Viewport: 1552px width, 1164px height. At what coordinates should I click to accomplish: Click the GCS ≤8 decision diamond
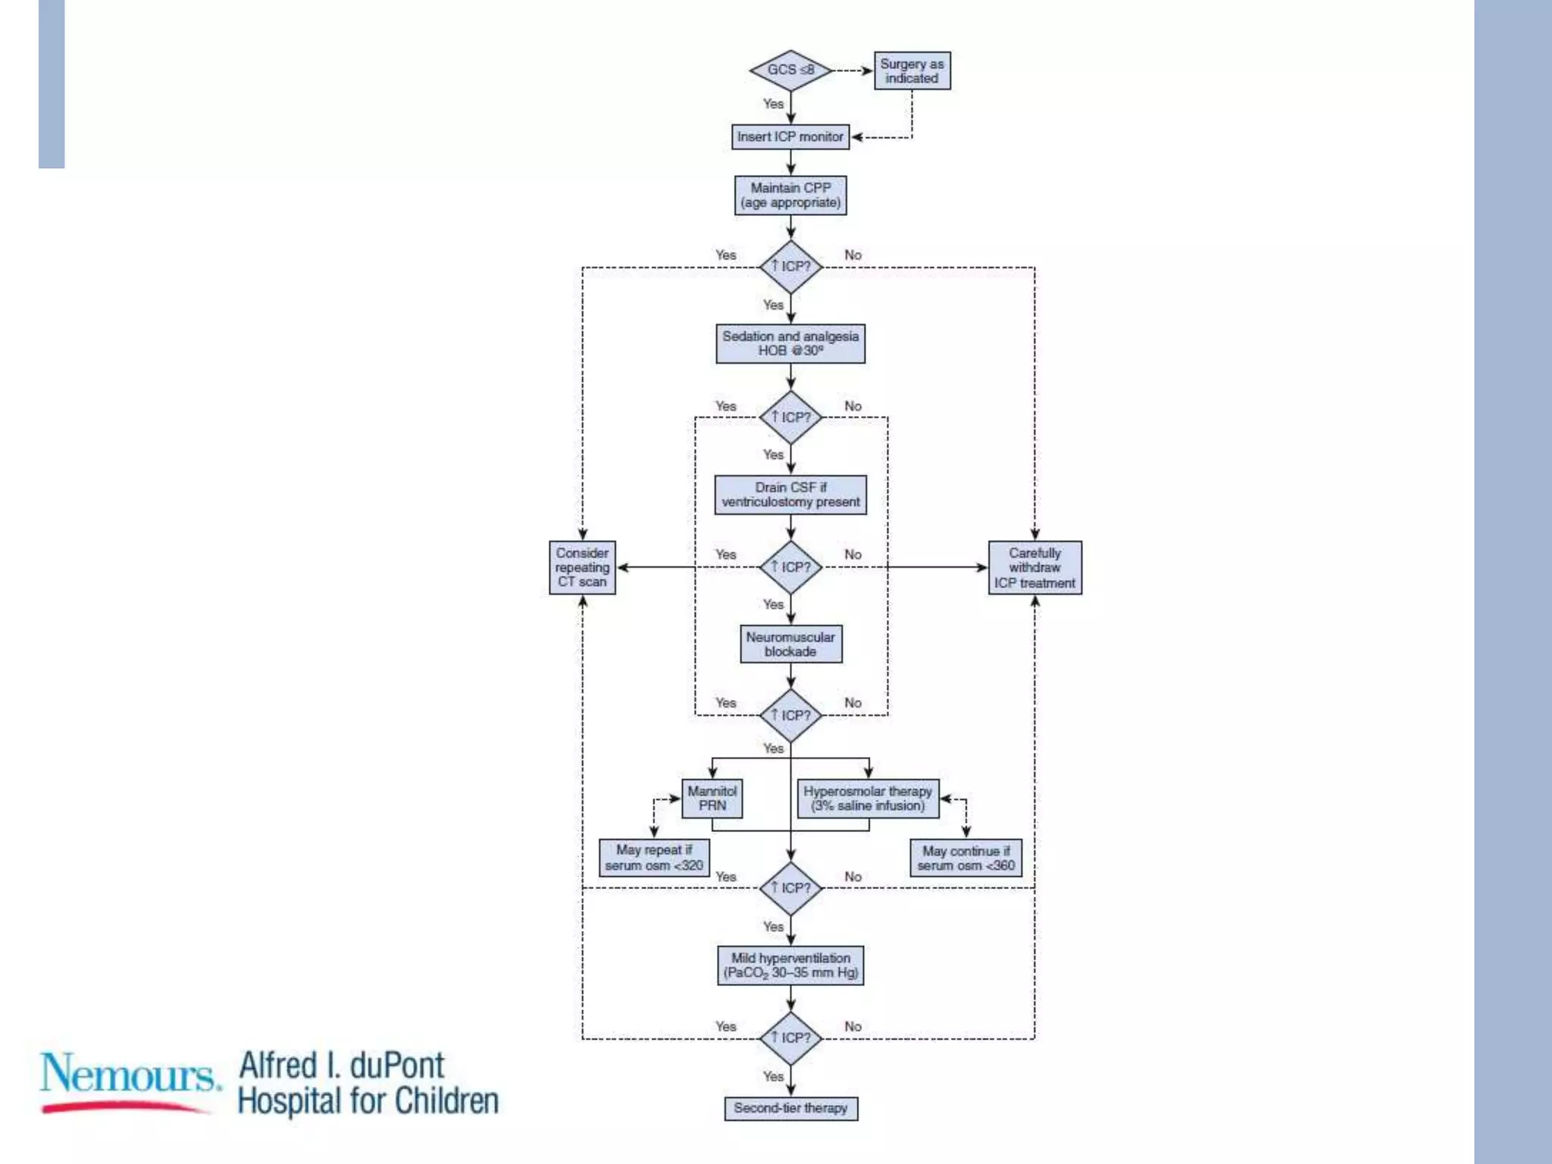[x=790, y=70]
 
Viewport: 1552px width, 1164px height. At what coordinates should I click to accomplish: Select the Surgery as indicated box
[x=912, y=71]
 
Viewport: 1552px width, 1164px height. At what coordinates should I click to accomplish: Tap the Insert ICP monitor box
[x=790, y=137]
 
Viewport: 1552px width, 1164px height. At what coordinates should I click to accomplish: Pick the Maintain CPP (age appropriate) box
[x=790, y=196]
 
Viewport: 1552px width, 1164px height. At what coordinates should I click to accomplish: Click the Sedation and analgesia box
[x=790, y=343]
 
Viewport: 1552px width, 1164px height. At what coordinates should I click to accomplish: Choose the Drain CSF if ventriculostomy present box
[x=790, y=495]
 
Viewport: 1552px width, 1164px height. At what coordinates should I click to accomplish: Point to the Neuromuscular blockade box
[x=790, y=644]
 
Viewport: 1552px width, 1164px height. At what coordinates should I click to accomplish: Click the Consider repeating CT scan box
[x=582, y=568]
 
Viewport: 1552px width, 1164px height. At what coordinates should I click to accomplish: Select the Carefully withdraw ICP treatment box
[x=1034, y=568]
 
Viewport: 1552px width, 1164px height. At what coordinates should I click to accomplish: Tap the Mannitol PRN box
[x=712, y=799]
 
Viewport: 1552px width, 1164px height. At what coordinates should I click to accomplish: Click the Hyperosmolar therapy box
[x=868, y=799]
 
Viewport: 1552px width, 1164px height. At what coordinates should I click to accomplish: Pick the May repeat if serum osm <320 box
[x=654, y=858]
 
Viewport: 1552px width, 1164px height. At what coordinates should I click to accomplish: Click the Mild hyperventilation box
[x=790, y=965]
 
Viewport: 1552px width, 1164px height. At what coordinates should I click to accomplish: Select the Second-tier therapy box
[x=790, y=1108]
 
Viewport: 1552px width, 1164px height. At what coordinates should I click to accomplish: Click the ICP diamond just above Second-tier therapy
[x=790, y=1038]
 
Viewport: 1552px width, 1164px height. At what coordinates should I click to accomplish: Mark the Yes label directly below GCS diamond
[x=773, y=104]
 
